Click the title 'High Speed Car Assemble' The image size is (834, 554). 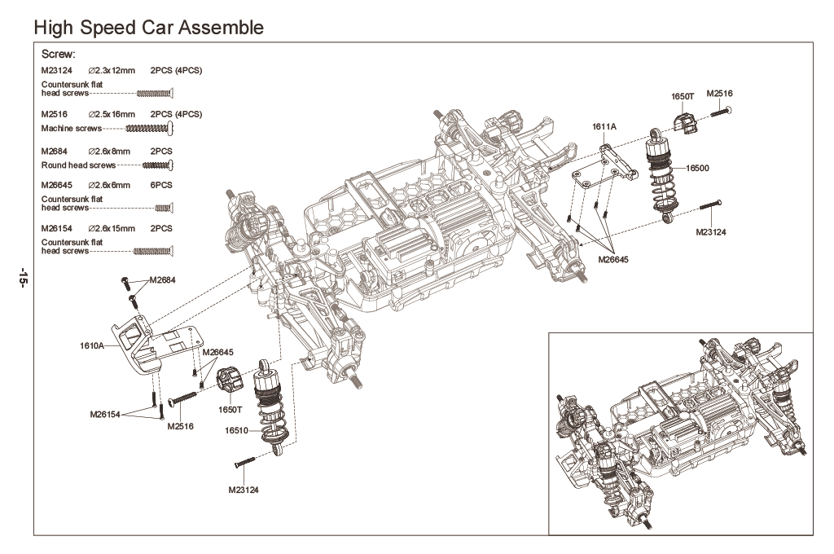[148, 28]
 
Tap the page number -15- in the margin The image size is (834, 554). [23, 277]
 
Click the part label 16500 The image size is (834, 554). [697, 168]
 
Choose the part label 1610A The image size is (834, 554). [92, 345]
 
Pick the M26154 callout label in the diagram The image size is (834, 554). [105, 414]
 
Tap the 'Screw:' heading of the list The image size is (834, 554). [58, 55]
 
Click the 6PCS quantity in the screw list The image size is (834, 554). [161, 185]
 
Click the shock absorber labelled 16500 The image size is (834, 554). [665, 175]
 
